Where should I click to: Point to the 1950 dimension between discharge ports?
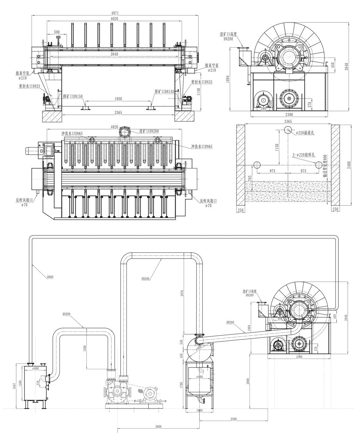[x=117, y=99]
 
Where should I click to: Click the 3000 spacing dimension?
[x=159, y=427]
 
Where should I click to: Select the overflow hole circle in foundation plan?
[x=287, y=130]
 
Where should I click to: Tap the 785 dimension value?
[x=249, y=177]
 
